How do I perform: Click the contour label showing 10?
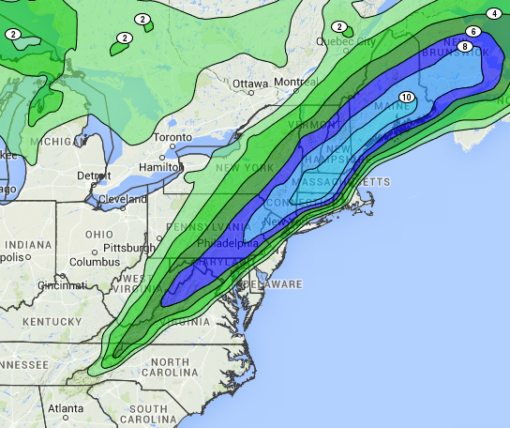406,98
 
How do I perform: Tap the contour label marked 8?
464,47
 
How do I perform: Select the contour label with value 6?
473,32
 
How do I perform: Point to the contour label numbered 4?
494,14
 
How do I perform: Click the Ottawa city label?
250,84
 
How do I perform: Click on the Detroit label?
94,176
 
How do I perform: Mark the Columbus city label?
93,262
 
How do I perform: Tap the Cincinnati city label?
64,285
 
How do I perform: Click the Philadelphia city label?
229,243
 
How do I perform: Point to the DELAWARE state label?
273,283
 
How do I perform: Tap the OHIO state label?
98,234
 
